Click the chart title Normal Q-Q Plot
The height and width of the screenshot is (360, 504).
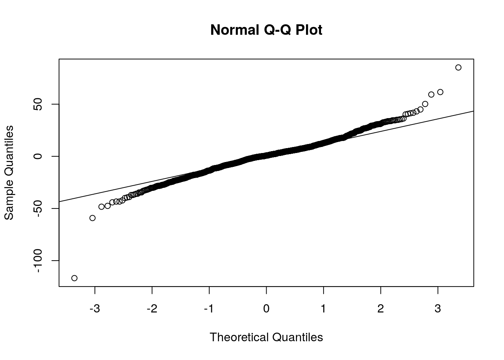(266, 30)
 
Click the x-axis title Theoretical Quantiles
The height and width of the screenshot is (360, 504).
(266, 337)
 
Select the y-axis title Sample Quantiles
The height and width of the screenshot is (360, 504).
(9, 172)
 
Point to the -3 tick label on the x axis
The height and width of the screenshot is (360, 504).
(94, 309)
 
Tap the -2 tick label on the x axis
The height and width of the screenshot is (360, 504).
(152, 309)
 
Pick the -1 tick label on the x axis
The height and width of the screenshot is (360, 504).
(209, 309)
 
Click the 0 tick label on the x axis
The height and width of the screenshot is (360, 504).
(266, 309)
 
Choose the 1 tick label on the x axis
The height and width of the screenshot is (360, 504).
(324, 309)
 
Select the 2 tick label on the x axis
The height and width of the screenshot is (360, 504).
(381, 309)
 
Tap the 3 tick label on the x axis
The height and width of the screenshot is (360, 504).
(438, 309)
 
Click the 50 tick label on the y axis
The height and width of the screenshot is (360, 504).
(37, 104)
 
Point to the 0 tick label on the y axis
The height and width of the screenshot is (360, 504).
(37, 156)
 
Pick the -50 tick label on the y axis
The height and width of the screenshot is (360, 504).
(37, 208)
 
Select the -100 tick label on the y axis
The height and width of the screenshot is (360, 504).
(37, 261)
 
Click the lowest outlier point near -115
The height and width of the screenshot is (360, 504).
(74, 278)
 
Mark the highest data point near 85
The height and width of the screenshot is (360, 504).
(458, 67)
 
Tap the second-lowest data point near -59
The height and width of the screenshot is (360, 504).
(92, 218)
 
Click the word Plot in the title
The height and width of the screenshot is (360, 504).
(309, 30)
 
